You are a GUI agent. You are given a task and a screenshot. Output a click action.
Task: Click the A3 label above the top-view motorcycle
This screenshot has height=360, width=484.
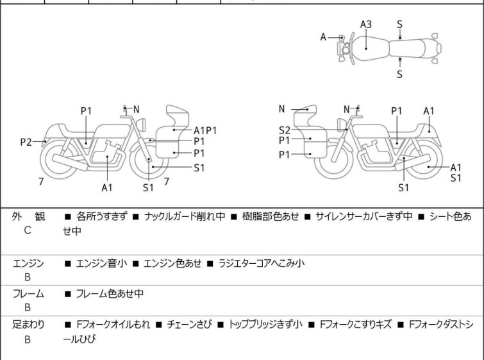(x=366, y=24)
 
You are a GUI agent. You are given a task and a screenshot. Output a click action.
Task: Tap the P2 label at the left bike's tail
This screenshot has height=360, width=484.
(x=26, y=142)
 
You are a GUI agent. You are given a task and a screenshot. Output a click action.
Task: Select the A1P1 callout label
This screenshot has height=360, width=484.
(x=205, y=130)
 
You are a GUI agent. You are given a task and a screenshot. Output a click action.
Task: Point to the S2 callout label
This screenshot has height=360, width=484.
(x=285, y=129)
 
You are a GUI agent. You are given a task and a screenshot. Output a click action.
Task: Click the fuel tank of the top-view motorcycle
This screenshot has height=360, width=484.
(x=366, y=45)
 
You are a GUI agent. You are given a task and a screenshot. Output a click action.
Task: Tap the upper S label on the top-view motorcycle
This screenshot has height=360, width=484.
(x=399, y=24)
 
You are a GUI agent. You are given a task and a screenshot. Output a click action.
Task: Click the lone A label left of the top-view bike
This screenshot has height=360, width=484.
(x=324, y=37)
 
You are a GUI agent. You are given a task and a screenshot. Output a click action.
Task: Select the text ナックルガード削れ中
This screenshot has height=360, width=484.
(x=185, y=217)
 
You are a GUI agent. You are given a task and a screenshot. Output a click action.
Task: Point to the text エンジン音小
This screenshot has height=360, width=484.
(x=101, y=263)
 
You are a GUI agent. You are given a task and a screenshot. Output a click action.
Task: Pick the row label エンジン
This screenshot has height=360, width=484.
(x=28, y=263)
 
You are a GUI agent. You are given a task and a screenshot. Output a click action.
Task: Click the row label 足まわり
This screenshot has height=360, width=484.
(x=28, y=325)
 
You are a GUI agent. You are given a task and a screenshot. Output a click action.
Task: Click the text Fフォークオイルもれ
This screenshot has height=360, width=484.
(x=114, y=325)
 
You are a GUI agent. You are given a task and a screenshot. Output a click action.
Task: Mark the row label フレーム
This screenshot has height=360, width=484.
(x=28, y=294)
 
